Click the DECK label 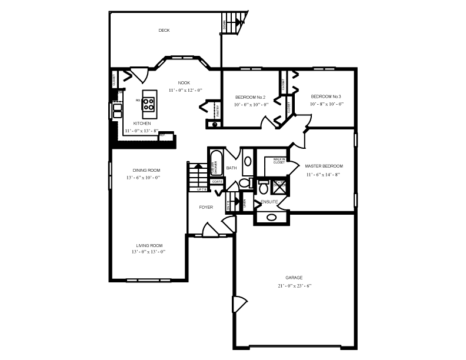(164, 31)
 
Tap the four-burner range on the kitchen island (149, 105)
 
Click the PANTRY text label (217, 110)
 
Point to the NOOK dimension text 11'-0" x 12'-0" (185, 90)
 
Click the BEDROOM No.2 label (251, 97)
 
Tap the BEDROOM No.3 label (326, 96)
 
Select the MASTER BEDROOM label (324, 166)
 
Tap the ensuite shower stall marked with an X (279, 186)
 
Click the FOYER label (206, 207)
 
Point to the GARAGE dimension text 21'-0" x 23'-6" (294, 286)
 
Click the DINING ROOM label (142, 170)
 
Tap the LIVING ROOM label (149, 245)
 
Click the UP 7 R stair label (201, 189)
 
